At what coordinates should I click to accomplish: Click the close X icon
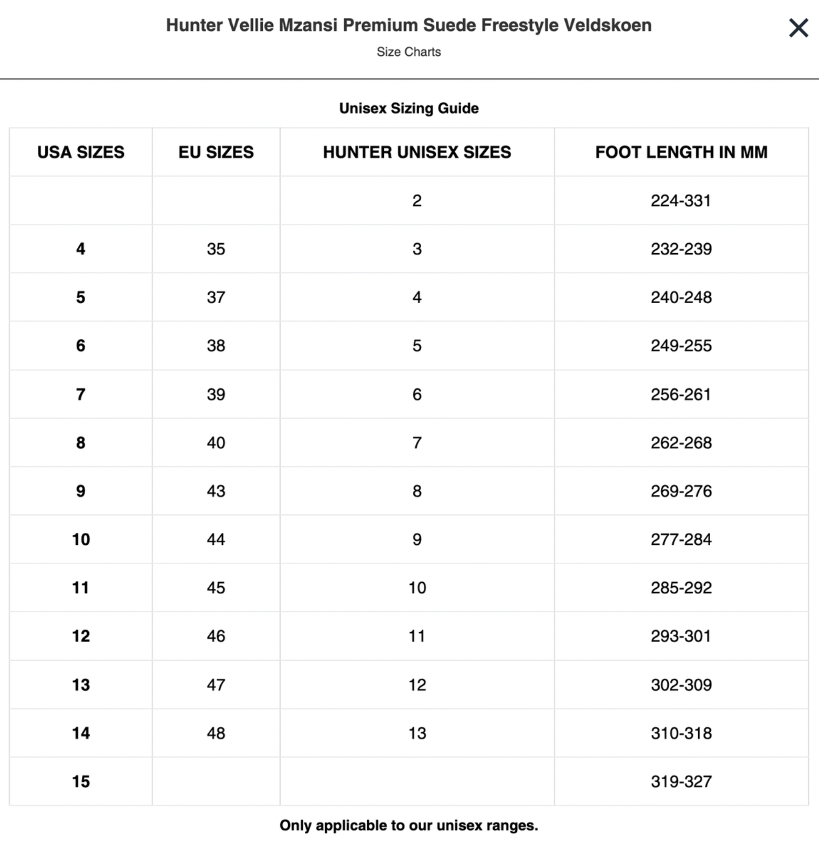pyautogui.click(x=798, y=28)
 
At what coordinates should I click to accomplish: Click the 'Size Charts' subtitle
pyautogui.click(x=408, y=52)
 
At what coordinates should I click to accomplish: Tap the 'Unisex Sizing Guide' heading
pyautogui.click(x=408, y=108)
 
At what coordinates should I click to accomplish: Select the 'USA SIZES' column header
pyautogui.click(x=80, y=152)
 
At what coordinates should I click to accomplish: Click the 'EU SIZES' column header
pyautogui.click(x=216, y=152)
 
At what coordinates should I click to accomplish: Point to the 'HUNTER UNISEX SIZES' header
pyautogui.click(x=416, y=152)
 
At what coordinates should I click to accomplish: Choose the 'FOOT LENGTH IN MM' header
pyautogui.click(x=681, y=152)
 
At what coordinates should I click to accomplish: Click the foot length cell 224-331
pyautogui.click(x=680, y=201)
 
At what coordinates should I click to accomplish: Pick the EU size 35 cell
pyautogui.click(x=216, y=249)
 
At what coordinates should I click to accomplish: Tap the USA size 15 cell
pyautogui.click(x=80, y=782)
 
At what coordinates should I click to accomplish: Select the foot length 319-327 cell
pyautogui.click(x=681, y=782)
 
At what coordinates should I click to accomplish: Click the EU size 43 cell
pyautogui.click(x=216, y=491)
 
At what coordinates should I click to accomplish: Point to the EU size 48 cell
pyautogui.click(x=216, y=733)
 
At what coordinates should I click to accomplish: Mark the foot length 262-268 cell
pyautogui.click(x=681, y=443)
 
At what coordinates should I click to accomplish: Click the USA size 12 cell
pyautogui.click(x=80, y=636)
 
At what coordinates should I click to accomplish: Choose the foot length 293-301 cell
pyautogui.click(x=680, y=636)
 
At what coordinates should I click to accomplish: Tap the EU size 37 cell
pyautogui.click(x=216, y=297)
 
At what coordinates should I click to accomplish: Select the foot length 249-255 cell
pyautogui.click(x=681, y=346)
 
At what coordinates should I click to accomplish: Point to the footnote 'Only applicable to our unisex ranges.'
pyautogui.click(x=408, y=825)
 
